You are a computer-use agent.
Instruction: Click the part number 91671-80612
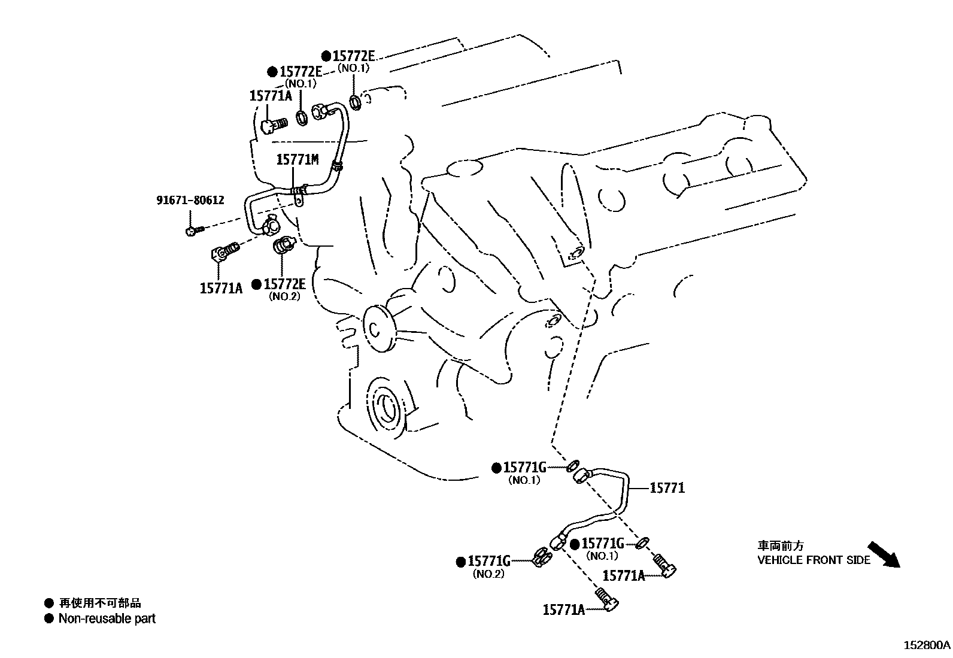tap(190, 200)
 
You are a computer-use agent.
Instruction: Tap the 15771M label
tap(297, 159)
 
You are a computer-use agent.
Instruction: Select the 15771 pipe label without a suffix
tap(667, 488)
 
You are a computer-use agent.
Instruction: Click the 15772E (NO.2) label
tap(285, 284)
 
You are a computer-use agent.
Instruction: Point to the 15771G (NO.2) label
tap(489, 561)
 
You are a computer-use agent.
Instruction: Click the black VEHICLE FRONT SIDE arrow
tap(884, 554)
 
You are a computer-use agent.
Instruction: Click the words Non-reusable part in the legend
tap(107, 618)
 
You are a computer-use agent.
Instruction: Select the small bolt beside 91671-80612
tap(195, 230)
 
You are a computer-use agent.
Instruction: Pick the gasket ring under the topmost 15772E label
tap(355, 102)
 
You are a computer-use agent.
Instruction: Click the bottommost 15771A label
tap(563, 610)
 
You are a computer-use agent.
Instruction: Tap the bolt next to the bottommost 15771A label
tap(607, 599)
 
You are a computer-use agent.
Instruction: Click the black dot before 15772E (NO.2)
tap(256, 284)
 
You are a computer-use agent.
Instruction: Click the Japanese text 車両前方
tap(781, 545)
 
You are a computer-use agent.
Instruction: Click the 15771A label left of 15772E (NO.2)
tap(221, 288)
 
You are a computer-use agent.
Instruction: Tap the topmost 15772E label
tap(353, 56)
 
